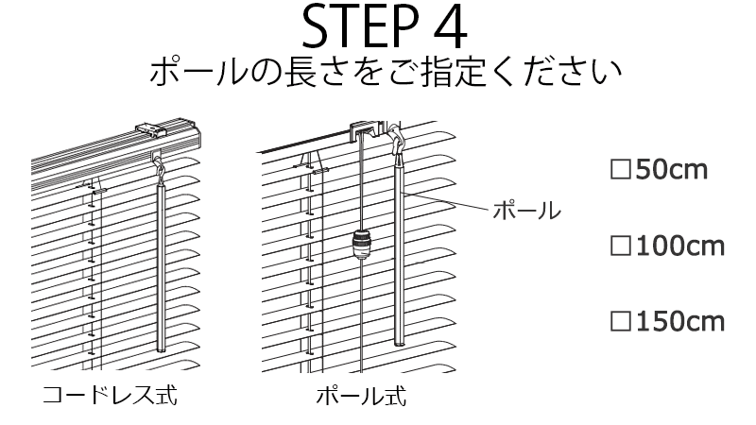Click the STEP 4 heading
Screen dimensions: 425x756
[x=384, y=28]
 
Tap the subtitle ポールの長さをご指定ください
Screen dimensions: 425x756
[x=384, y=74]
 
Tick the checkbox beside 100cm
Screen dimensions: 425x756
[x=620, y=246]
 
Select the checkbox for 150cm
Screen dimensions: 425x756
[x=620, y=322]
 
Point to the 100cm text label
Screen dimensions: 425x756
[x=679, y=246]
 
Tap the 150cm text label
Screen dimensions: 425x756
[x=679, y=322]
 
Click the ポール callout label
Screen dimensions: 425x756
[x=526, y=209]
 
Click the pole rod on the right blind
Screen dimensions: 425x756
[x=399, y=255]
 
